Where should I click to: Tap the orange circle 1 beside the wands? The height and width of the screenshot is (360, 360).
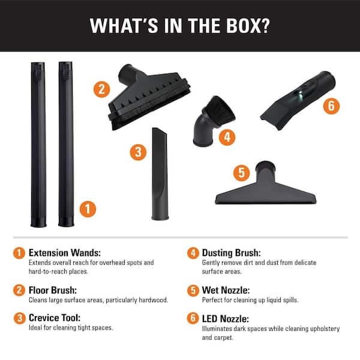tap(88, 209)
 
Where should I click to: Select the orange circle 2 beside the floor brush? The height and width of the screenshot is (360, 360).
tap(101, 91)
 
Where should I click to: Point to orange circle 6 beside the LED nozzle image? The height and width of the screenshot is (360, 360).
tap(331, 107)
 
